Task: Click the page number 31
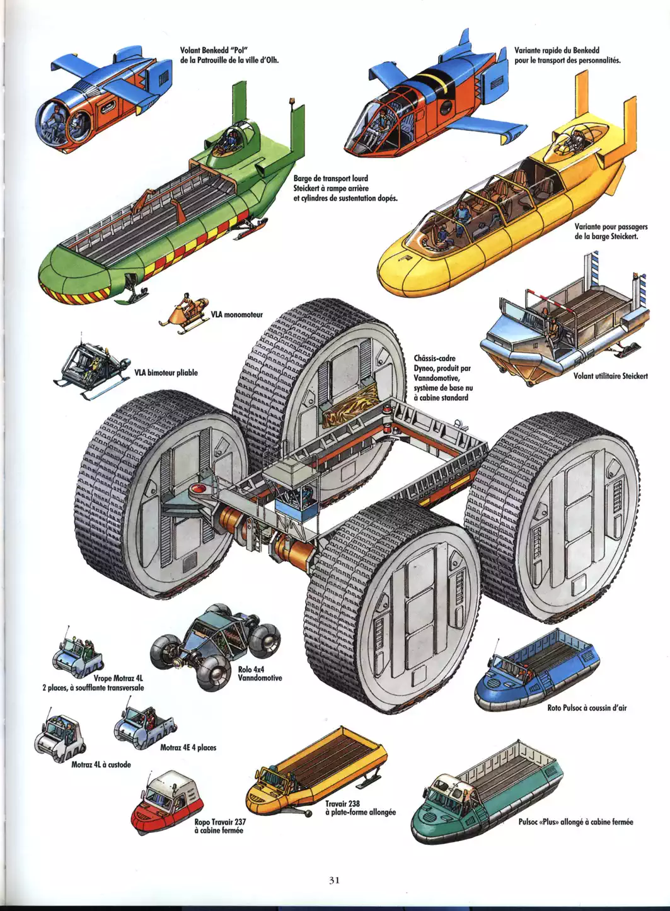(334, 880)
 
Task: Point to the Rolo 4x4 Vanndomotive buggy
(212, 648)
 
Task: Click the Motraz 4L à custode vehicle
(59, 735)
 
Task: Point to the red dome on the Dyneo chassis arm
(201, 488)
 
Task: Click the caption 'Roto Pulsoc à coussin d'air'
(587, 708)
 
